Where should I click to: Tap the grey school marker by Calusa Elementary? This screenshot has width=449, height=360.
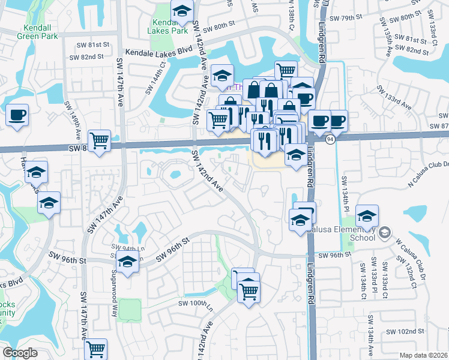tap(385, 232)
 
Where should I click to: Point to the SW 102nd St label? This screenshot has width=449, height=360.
tap(405, 331)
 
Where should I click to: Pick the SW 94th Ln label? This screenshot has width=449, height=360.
tap(125, 247)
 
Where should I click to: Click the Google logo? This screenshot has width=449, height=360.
tap(20, 352)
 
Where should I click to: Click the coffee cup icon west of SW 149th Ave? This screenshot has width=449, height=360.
tap(17, 115)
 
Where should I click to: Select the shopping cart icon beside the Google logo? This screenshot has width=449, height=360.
tap(95, 348)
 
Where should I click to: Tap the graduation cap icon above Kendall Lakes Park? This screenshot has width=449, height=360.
tap(181, 10)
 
